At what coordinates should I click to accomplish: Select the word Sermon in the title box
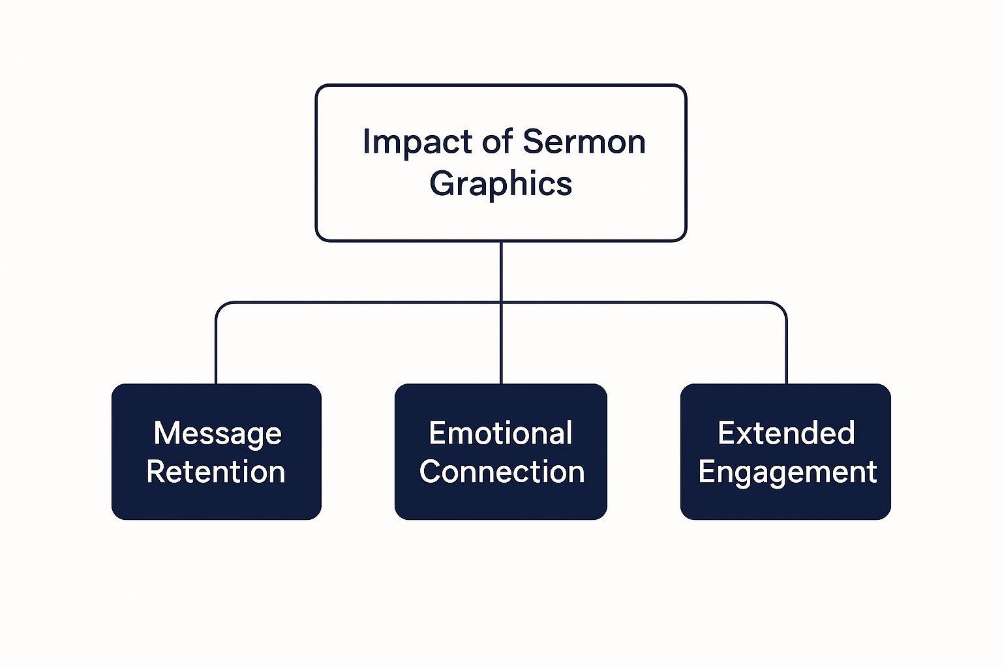(584, 142)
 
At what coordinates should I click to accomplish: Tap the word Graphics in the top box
(500, 183)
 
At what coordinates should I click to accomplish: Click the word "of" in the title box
(498, 142)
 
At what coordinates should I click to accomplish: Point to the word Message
(217, 433)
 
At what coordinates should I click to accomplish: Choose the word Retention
(216, 472)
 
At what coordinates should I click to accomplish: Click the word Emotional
(500, 433)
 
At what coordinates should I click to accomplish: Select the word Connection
(501, 472)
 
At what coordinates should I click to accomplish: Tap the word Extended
(785, 433)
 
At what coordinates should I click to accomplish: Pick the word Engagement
(787, 472)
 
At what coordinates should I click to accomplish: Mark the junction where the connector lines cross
(501, 303)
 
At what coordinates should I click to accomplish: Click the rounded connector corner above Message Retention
(220, 307)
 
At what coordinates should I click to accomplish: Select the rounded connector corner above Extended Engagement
(782, 307)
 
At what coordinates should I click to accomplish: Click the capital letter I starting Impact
(367, 142)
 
